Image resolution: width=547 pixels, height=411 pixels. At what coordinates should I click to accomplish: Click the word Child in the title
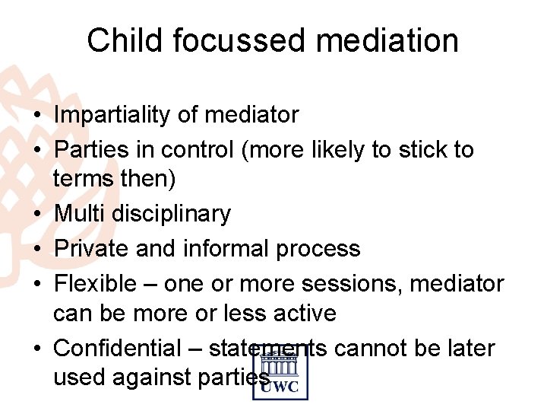tap(125, 40)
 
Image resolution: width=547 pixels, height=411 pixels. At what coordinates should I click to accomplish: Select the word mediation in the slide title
tap(394, 40)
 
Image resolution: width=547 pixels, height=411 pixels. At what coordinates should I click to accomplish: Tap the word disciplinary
tap(171, 215)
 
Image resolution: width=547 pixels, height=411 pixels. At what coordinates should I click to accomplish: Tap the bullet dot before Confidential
tap(38, 349)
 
